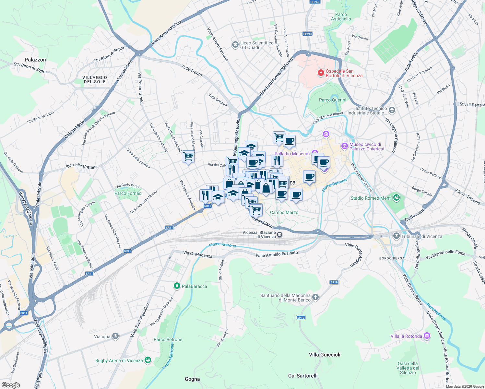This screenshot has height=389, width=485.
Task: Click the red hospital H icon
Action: coord(321,73)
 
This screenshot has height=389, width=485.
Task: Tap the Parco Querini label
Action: coord(332,100)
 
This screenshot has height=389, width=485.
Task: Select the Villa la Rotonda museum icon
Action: coord(427,336)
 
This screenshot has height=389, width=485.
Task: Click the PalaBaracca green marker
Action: coord(177,286)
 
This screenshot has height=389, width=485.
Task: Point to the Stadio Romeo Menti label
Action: coord(371,198)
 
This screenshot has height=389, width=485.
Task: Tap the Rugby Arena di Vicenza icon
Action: coord(148,360)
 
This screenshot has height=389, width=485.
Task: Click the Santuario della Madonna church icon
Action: coord(315,297)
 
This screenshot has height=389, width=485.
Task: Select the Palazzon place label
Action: coord(35,60)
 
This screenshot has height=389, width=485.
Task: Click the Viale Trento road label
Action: coord(192,70)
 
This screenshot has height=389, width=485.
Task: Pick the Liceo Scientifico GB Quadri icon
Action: coord(235,44)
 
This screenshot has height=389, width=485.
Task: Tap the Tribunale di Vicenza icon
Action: coord(396,236)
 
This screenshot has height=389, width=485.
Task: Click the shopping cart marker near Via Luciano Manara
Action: coord(188,157)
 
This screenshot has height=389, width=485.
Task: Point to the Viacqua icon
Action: coord(115,336)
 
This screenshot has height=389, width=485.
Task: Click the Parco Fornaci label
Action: coord(128,193)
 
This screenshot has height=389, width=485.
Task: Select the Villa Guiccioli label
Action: coord(325,355)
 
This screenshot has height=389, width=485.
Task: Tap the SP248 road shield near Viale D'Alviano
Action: coord(307,34)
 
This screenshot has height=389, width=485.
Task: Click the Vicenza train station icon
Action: coord(279,234)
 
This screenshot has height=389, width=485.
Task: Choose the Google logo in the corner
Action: coord(11,385)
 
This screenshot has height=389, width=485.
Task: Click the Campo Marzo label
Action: coord(284,212)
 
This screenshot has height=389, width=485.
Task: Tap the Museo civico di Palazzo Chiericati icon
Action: coord(344,147)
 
